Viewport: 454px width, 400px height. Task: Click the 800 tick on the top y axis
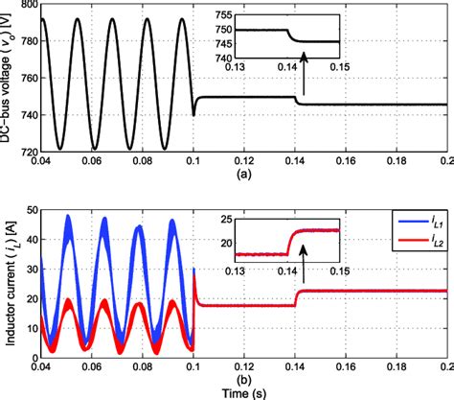click(26, 6)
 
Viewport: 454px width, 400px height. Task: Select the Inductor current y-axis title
click(8, 285)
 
